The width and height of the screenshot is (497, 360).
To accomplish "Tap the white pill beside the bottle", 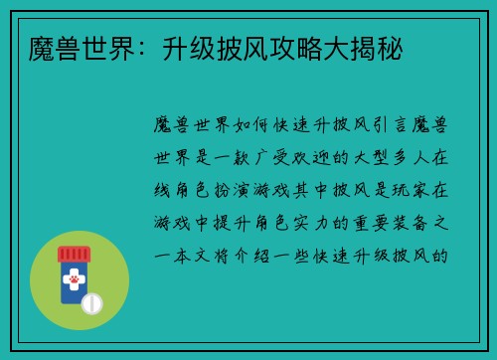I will (92, 302).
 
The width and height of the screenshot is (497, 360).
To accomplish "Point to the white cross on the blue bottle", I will (73, 268).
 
